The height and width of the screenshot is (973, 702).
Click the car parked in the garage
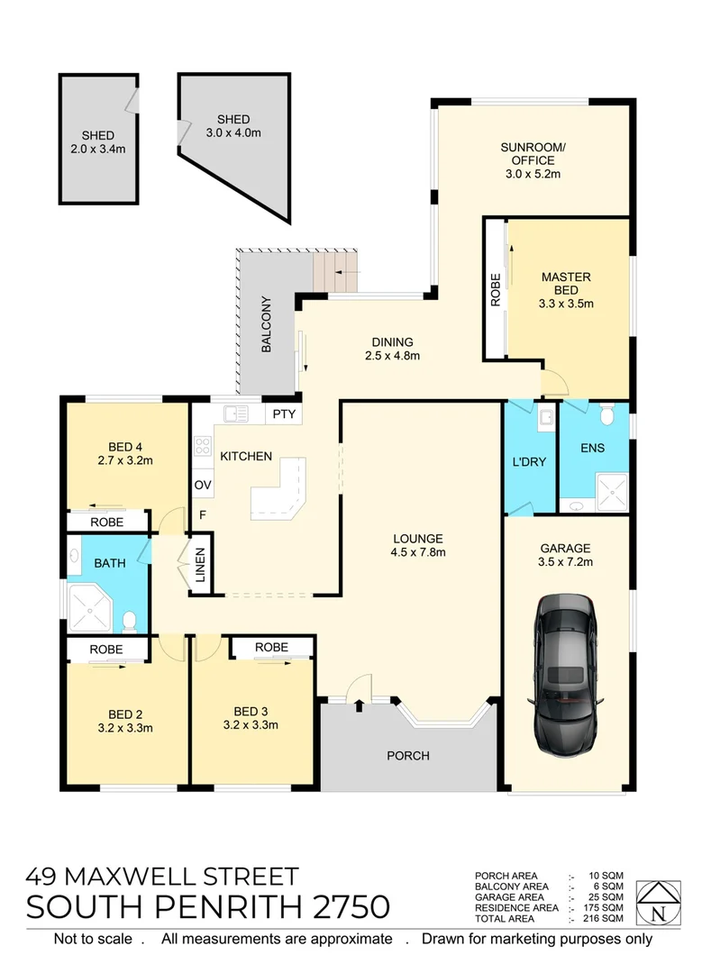point(565,674)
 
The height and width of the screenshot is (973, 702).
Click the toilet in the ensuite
point(609,415)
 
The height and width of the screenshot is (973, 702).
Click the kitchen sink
point(236,414)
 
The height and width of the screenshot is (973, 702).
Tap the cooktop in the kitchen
point(202,448)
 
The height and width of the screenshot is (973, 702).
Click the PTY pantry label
point(283,414)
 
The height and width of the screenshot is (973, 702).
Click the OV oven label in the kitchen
point(202,486)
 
